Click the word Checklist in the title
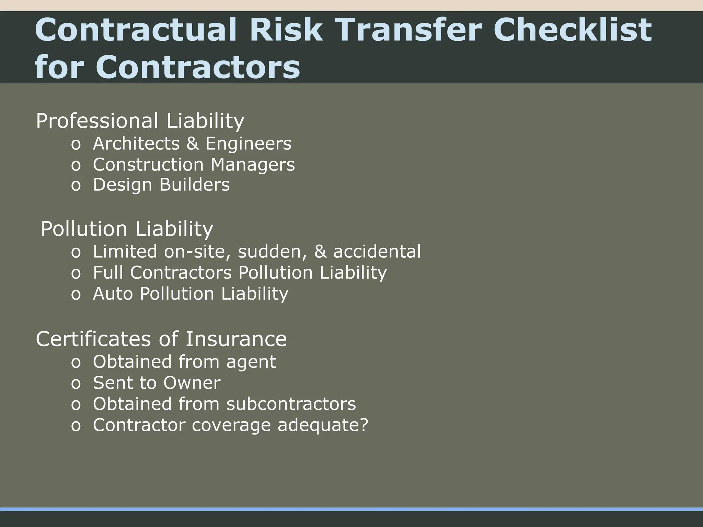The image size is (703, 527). [x=572, y=30]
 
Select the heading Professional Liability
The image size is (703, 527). [x=140, y=121]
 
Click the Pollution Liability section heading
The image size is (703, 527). [x=127, y=229]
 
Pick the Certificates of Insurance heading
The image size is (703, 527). [x=161, y=339]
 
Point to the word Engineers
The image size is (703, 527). [x=249, y=143]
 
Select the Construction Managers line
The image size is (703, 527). [x=194, y=165]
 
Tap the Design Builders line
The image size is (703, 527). [x=161, y=185]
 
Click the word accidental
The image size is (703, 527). [x=377, y=251]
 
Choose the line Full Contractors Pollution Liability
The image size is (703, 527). [x=240, y=273]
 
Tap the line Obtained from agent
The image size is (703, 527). [x=184, y=362]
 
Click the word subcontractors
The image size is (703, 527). [x=291, y=404]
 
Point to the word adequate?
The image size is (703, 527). [x=323, y=425]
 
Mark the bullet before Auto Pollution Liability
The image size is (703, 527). [x=76, y=295]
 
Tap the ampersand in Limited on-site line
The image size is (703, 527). [x=320, y=251]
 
